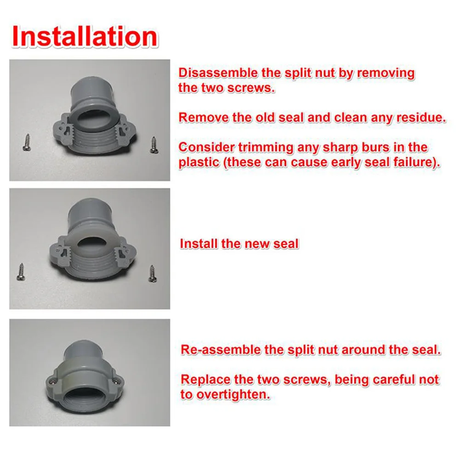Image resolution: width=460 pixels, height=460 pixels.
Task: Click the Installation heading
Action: click(85, 36)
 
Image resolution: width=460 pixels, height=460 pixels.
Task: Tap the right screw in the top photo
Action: click(153, 143)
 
